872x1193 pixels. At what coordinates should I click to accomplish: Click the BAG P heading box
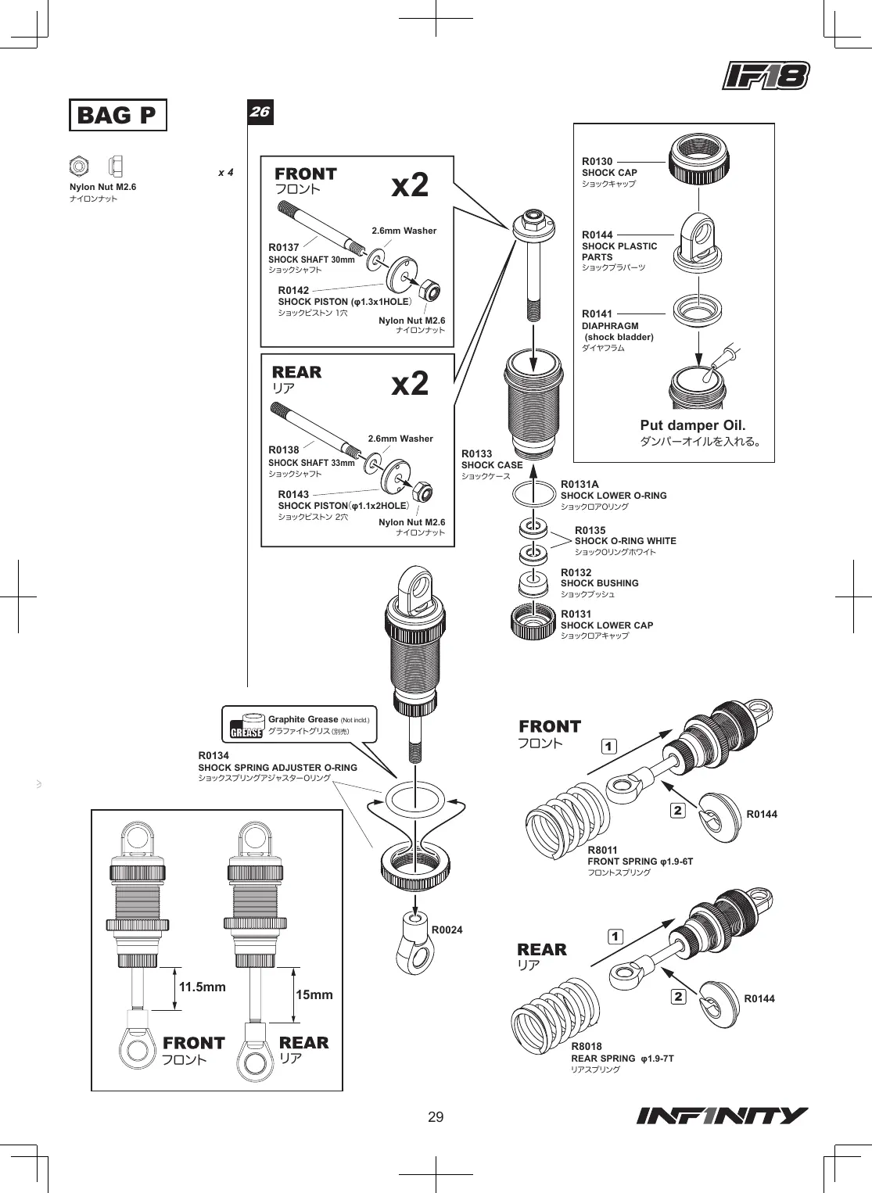[x=118, y=115]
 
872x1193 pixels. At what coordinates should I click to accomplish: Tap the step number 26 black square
[x=260, y=112]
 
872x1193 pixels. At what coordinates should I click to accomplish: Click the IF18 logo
[x=766, y=76]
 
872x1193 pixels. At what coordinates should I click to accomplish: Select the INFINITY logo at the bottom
[x=722, y=1116]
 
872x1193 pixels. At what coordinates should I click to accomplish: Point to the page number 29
[x=436, y=1117]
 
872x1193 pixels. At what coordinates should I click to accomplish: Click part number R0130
[x=597, y=161]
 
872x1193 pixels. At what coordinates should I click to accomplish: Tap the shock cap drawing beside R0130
[x=699, y=158]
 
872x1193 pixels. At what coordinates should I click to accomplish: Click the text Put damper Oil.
[x=692, y=425]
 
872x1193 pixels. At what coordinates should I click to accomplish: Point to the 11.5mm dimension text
[x=203, y=987]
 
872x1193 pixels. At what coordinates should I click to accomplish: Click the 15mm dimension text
[x=314, y=994]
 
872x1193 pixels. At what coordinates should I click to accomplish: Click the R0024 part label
[x=447, y=930]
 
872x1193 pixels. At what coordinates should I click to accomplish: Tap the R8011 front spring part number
[x=602, y=850]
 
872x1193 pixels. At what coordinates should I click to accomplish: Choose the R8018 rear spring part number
[x=587, y=1047]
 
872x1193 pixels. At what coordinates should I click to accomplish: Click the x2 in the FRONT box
[x=410, y=185]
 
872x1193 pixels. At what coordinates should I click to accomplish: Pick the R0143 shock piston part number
[x=293, y=494]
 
